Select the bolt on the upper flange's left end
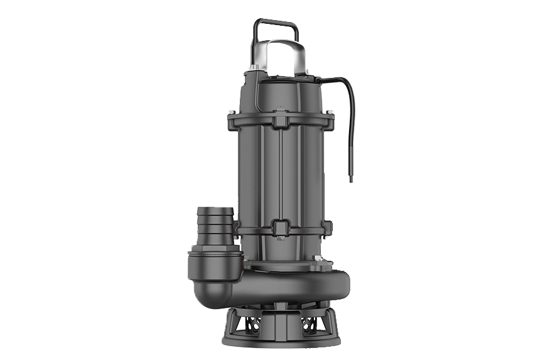coord(231,115)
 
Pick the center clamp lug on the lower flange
coord(281,226)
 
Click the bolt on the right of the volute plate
coord(320,259)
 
